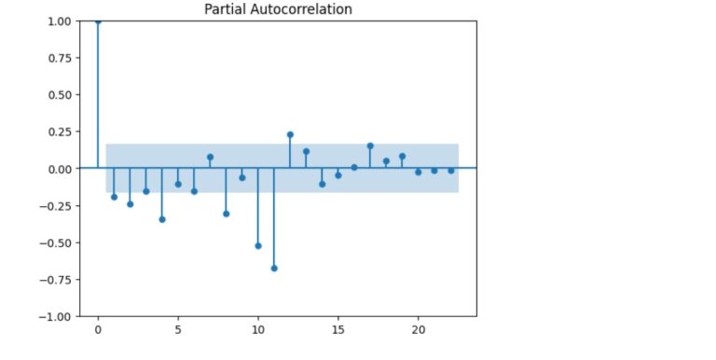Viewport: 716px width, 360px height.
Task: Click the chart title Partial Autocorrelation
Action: tap(278, 9)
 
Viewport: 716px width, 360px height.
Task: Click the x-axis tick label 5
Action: tap(178, 330)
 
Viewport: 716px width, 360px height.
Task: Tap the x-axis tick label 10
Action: tap(258, 330)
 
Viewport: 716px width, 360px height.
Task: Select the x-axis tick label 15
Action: tap(338, 330)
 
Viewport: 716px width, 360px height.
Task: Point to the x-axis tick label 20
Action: tap(419, 330)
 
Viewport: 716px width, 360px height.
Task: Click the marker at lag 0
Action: tap(98, 21)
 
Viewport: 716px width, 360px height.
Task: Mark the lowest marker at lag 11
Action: tap(274, 268)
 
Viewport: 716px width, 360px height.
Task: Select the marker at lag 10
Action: tap(258, 245)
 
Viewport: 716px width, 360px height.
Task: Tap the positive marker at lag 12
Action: tap(290, 134)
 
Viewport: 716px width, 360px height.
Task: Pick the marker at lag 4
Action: tap(162, 219)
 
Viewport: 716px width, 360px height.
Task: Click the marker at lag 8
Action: tap(226, 214)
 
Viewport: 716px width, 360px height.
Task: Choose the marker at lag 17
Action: tap(370, 145)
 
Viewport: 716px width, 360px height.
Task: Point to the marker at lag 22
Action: tap(450, 171)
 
